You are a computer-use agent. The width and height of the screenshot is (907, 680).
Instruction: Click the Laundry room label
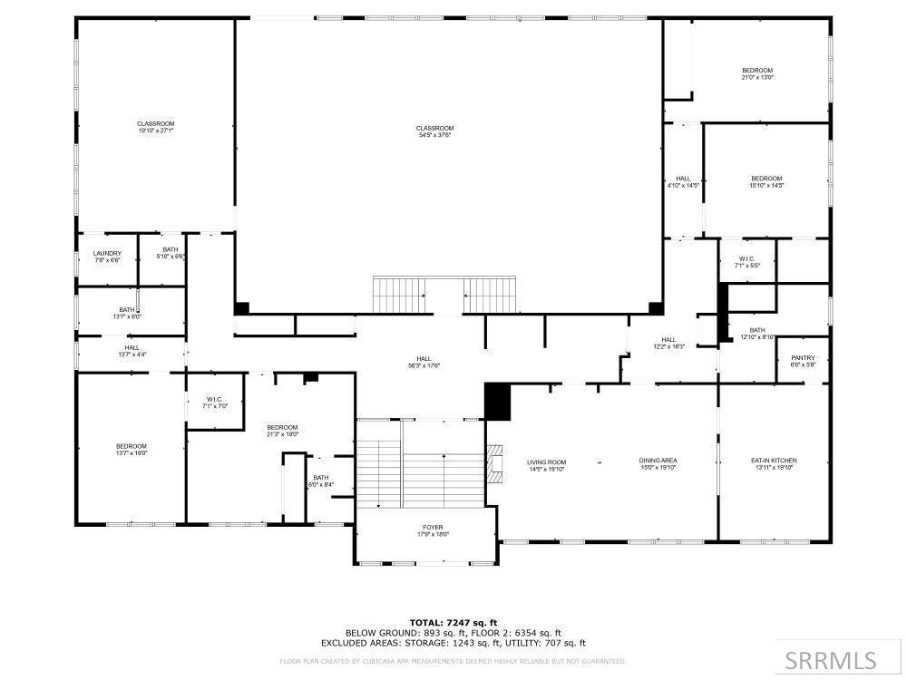(107, 254)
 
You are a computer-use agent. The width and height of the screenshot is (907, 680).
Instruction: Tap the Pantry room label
(803, 358)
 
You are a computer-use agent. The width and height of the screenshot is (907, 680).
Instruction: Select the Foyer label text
(433, 527)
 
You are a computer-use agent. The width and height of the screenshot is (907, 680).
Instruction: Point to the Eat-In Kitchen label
(774, 461)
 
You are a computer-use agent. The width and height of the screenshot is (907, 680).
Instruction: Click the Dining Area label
(658, 461)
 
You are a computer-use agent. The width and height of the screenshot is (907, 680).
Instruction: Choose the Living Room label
(546, 462)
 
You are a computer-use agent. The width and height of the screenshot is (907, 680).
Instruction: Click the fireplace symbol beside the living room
(494, 465)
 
